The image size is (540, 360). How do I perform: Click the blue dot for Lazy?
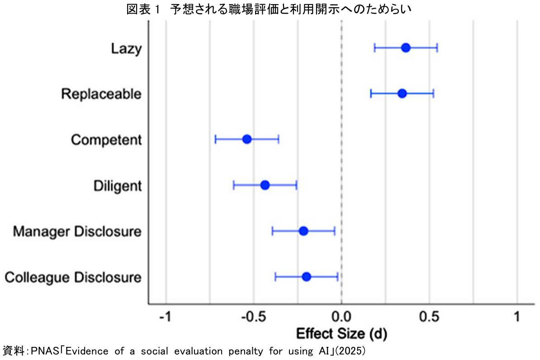406,48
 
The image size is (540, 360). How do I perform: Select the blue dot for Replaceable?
402,94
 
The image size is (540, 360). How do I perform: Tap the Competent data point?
246,139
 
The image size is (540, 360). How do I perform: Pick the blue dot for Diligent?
265,185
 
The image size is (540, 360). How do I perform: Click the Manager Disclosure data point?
303,231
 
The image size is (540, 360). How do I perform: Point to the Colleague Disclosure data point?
306,277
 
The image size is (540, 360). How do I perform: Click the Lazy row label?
126,49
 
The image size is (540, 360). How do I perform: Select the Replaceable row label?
101,94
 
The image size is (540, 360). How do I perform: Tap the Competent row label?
106,140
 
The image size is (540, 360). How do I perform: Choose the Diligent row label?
118,186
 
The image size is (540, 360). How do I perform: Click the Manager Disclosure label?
77,232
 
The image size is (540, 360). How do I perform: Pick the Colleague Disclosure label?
73,277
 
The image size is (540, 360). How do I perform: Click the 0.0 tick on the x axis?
341,317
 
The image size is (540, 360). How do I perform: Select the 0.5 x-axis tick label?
429,317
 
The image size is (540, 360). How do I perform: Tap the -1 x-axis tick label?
166,317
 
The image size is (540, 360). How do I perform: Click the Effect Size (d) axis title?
342,334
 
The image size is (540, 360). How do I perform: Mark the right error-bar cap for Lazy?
437,48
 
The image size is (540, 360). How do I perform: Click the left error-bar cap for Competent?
215,139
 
